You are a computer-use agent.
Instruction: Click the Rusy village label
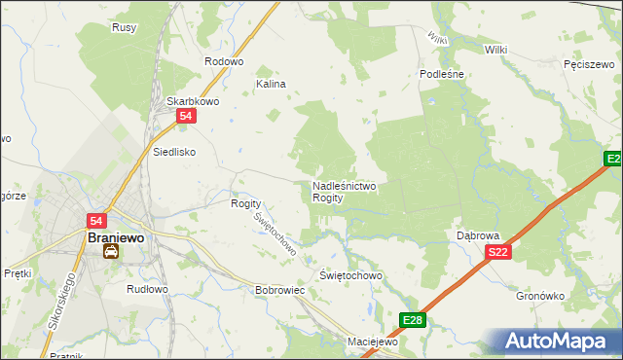coord(124,27)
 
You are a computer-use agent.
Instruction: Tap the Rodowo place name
coord(223,61)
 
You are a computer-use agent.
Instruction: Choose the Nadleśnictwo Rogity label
coord(344,191)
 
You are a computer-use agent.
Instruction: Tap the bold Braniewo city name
coord(117,236)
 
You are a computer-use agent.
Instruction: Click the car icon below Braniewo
coord(111,252)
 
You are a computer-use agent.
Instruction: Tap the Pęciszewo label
coord(588,64)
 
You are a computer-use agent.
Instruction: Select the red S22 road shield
coord(497,252)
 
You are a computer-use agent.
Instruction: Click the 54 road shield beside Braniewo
coord(96,221)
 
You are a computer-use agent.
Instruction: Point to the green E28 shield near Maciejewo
coord(412,319)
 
